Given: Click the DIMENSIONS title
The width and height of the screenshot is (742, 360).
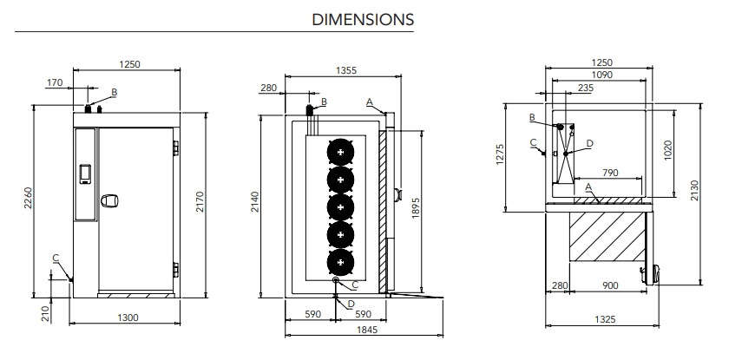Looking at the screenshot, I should pos(363,18).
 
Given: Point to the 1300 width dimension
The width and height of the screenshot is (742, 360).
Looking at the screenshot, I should pos(127,317).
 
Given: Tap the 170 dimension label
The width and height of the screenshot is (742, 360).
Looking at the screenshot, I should pos(56,83).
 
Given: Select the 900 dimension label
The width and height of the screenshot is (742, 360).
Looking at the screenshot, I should pos(610,286).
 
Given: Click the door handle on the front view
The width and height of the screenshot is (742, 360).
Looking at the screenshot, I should pos(109,202).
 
